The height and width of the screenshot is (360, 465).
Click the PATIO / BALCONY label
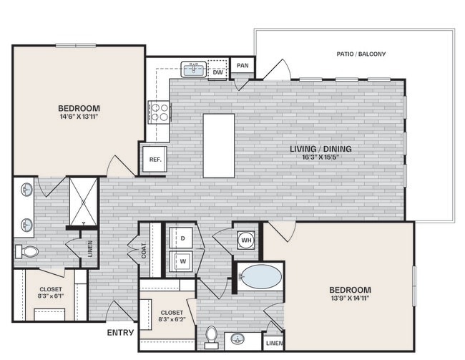pos(361,54)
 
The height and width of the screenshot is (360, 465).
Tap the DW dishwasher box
pos(218,71)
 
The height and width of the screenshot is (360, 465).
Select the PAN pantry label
pos(243,66)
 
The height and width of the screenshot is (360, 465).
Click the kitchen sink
pos(193,69)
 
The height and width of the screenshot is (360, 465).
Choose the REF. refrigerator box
pos(152,159)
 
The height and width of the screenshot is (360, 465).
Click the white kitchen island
pos(218,145)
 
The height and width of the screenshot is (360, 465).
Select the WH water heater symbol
pos(245,240)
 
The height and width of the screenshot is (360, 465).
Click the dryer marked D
pos(182,237)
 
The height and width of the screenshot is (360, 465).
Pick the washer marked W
pos(182,262)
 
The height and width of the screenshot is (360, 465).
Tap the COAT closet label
pos(144,250)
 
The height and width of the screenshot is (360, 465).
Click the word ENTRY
pos(120,333)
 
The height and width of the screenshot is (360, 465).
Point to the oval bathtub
pos(260,277)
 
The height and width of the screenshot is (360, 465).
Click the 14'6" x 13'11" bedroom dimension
pos(78,117)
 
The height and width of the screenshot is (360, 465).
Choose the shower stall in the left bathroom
pos(83,202)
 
